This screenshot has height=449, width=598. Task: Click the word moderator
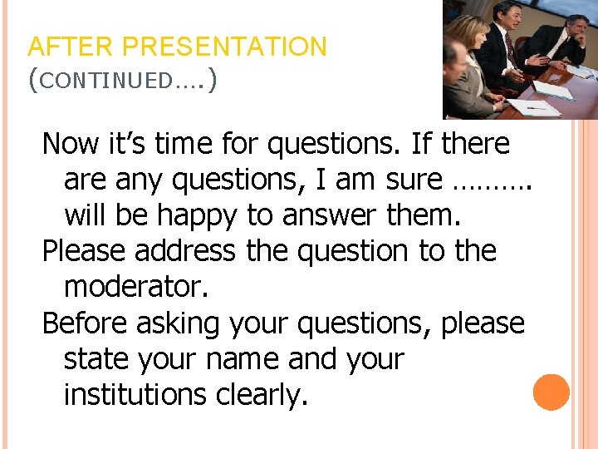coord(135,287)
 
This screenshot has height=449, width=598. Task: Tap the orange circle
coord(551,392)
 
